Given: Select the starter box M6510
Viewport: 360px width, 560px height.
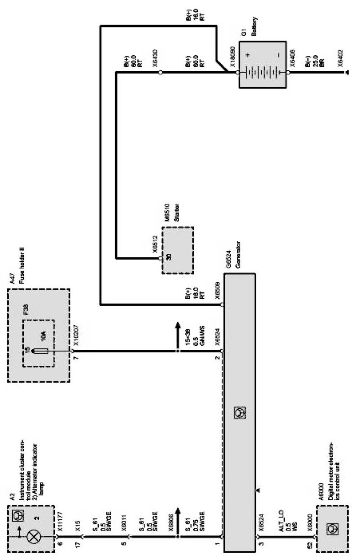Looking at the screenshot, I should click(x=178, y=249).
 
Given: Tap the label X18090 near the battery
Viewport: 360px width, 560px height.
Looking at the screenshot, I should click(x=233, y=56).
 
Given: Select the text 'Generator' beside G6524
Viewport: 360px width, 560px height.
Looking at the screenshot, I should click(x=238, y=254).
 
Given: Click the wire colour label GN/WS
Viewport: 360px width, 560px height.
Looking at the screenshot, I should click(x=201, y=335).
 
